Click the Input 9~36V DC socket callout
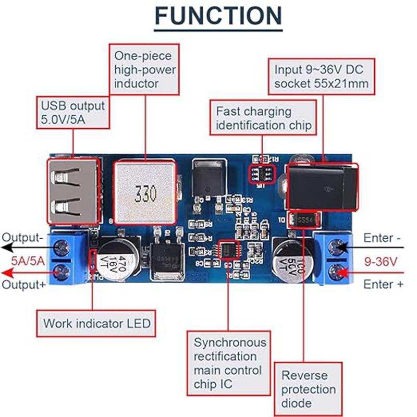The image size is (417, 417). [322, 76]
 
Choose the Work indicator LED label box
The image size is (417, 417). [96, 323]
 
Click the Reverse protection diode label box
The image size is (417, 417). [309, 389]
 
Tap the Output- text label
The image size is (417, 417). [22, 238]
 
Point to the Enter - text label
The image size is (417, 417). [383, 238]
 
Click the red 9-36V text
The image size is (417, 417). [385, 261]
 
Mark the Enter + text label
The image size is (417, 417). [383, 285]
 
